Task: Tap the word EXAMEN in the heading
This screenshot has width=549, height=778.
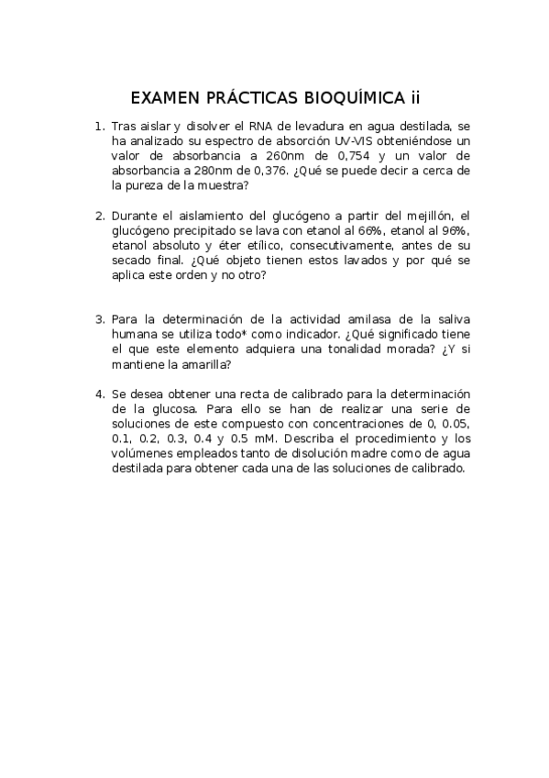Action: (164, 98)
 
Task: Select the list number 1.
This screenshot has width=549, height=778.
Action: (99, 127)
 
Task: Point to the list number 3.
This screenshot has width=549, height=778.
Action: (99, 319)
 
